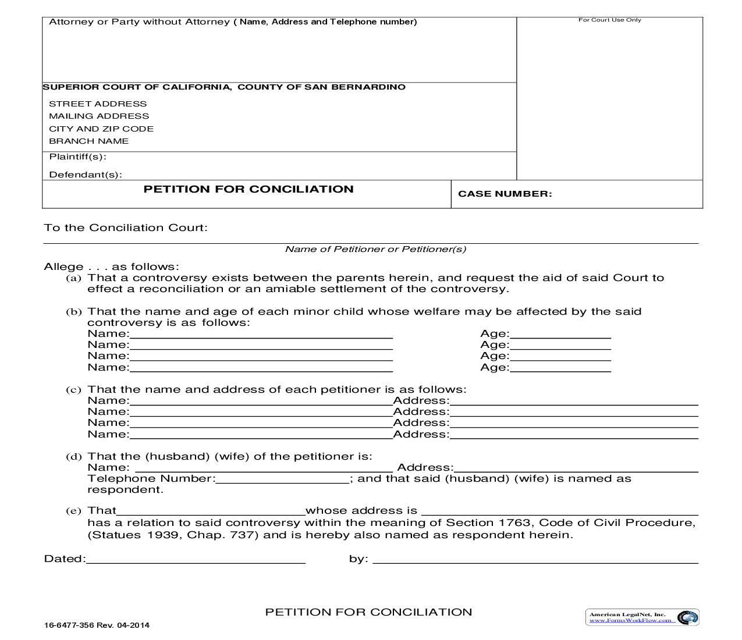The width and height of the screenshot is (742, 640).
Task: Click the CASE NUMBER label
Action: coord(505,194)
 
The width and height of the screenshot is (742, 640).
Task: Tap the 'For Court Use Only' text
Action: coord(609,20)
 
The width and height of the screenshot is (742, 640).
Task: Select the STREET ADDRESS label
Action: coord(98,104)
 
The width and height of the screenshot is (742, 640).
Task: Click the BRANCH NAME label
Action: coord(88,141)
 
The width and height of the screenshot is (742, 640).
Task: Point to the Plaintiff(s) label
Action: coord(77,157)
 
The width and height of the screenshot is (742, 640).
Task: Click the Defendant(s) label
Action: coord(86,175)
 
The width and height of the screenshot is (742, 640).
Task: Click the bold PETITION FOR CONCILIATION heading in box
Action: coord(248,189)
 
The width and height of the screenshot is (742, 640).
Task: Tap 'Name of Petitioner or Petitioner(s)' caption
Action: coord(375,249)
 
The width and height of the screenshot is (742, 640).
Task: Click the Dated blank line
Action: coord(196,560)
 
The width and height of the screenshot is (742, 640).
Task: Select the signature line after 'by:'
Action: coord(535,560)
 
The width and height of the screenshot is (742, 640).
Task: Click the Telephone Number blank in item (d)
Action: coord(282,479)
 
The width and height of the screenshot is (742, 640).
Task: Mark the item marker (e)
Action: coord(73,511)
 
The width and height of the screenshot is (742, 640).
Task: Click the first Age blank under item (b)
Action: coord(560,334)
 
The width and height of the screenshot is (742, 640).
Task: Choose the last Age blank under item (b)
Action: coord(560,368)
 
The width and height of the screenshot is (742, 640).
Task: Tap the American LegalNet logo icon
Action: coord(688,617)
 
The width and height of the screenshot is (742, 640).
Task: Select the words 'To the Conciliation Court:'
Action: coord(126,227)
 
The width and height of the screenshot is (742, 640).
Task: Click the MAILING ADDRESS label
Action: coord(99,116)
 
